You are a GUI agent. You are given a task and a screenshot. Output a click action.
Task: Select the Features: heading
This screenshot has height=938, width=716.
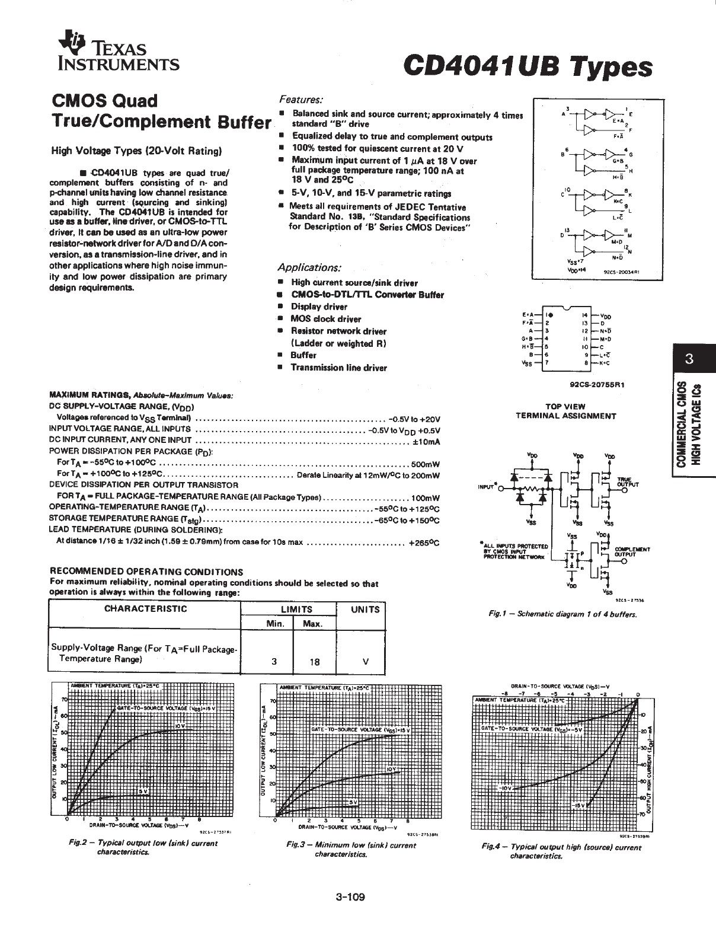301,100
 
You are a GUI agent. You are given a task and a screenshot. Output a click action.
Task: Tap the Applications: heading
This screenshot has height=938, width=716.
310,267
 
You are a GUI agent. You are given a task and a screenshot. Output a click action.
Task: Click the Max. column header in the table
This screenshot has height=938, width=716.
312,624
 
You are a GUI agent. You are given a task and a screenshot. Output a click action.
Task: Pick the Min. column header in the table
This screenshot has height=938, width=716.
274,624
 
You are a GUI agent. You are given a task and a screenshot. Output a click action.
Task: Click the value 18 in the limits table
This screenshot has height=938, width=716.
315,662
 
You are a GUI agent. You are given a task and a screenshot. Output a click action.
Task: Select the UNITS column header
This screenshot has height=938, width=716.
365,610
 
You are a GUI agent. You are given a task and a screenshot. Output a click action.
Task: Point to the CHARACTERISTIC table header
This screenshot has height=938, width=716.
145,608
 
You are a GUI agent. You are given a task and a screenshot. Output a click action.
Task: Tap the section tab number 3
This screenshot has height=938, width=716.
689,358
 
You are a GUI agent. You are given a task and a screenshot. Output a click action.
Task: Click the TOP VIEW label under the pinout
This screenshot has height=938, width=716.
565,407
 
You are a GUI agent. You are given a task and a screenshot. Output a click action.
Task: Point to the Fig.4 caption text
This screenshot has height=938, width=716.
561,851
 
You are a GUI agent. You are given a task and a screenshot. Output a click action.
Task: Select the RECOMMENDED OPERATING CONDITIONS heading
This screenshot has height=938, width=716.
146,572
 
